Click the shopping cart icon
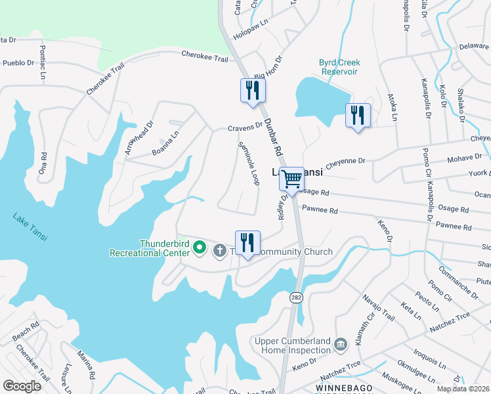(291, 179)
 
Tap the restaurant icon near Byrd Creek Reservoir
(358, 116)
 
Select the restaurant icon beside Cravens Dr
(253, 91)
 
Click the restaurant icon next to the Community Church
(247, 242)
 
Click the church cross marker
(220, 250)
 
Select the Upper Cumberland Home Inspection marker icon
(341, 344)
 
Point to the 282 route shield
(296, 297)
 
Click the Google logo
(22, 385)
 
